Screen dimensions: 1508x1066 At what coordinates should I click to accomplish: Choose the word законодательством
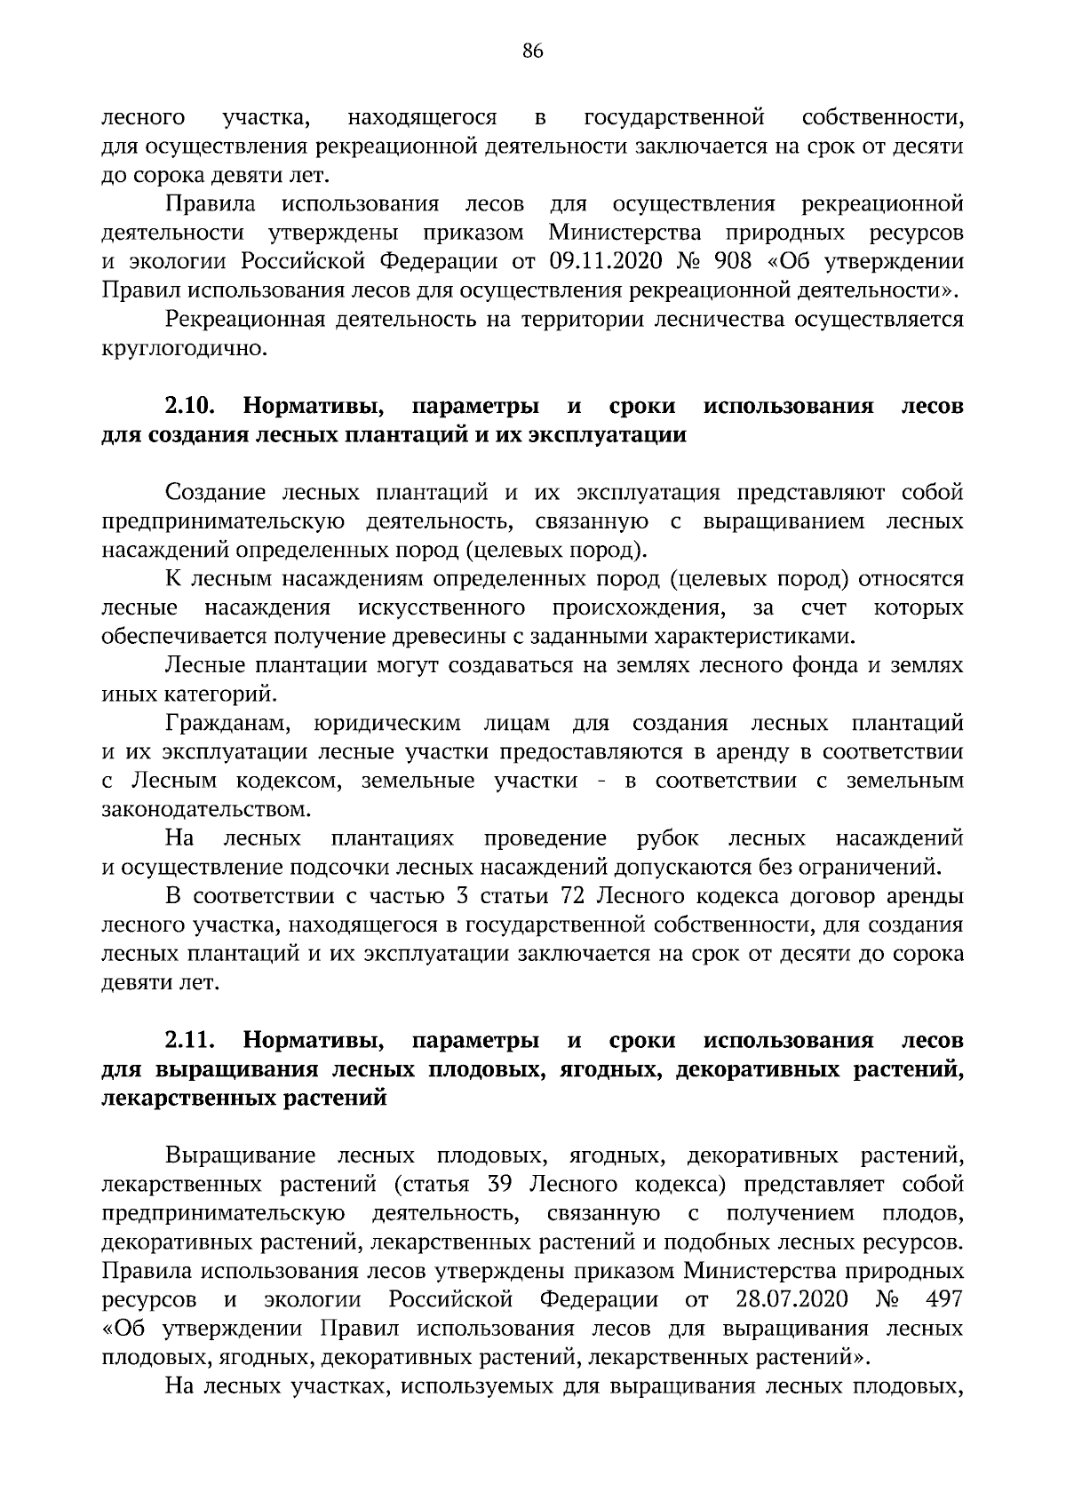[207, 809]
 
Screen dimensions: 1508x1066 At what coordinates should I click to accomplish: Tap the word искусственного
[442, 608]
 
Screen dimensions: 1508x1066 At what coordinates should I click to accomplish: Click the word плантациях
[393, 838]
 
